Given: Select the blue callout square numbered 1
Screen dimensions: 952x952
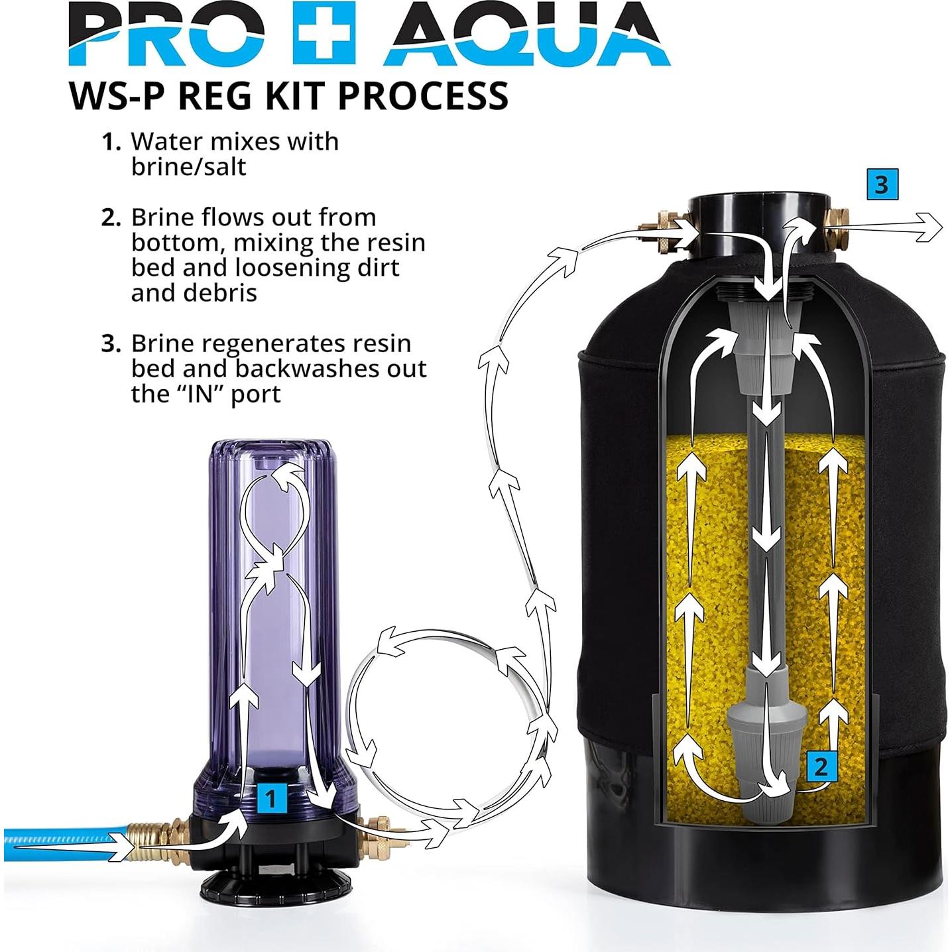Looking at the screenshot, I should point(270,799).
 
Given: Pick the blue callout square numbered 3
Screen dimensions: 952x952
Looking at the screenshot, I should point(882,184).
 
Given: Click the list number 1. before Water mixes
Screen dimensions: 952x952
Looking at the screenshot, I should point(111,142).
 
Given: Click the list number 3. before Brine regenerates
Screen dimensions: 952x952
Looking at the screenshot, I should point(111,344).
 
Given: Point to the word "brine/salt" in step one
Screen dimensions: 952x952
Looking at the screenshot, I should point(188,167).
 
